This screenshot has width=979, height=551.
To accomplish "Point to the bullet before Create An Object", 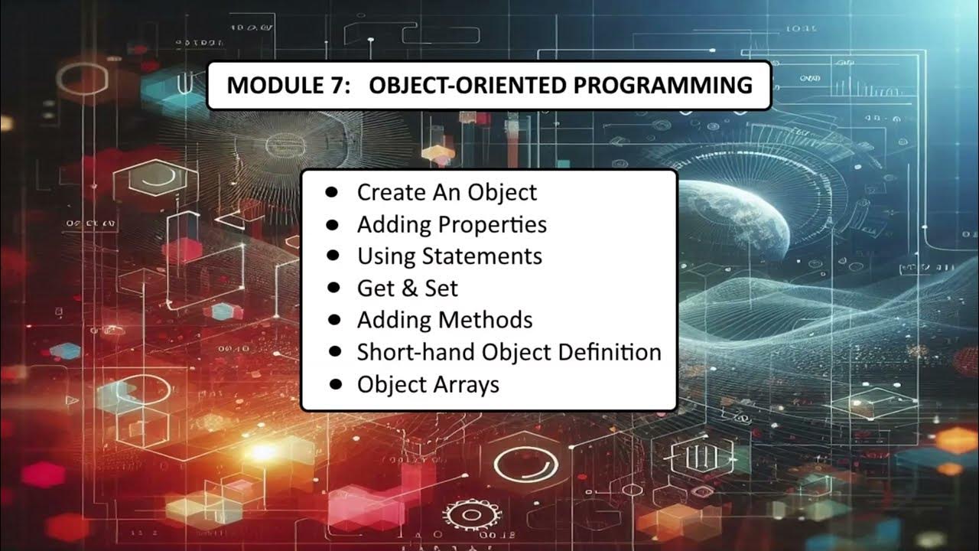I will point(332,192).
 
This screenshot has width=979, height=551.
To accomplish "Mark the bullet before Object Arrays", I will point(334,383).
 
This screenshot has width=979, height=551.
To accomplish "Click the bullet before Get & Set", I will point(333,288).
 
